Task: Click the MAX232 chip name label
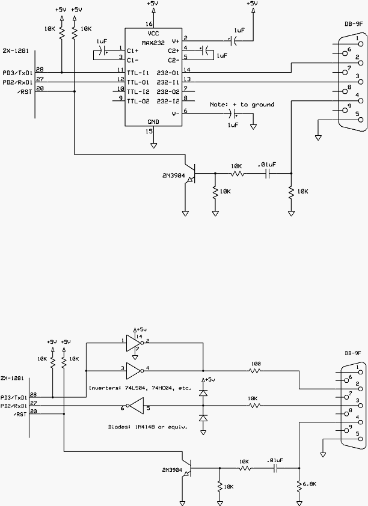pos(153,43)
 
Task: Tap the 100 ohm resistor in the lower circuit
pos(255,371)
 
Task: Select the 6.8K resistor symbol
pos(299,484)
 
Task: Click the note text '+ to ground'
pos(253,105)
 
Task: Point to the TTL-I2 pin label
pos(138,92)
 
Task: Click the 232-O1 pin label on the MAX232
pos(168,73)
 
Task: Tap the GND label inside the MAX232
pos(153,121)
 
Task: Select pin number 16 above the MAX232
pos(149,24)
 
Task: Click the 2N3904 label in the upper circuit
pos(174,176)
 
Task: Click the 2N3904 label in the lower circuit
pos(172,470)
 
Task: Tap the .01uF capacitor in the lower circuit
pos(275,468)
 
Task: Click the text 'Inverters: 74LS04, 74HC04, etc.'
pos(140,388)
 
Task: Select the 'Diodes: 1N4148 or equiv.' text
pos(148,427)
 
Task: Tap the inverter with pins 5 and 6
pos(135,406)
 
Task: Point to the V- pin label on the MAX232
pos(176,114)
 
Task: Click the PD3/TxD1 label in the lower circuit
pos(14,397)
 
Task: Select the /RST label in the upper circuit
pos(25,92)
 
